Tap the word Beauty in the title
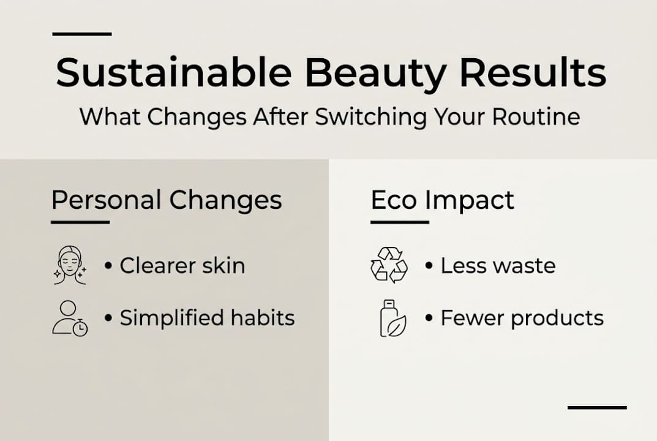pos(375,73)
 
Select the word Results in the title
pos(532,73)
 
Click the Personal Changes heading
pos(167,200)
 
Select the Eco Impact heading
pos(442,200)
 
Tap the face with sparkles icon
pos(69,265)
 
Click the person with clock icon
pos(69,318)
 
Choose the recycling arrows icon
pos(389,265)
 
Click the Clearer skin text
pos(182,266)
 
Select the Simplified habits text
pos(207,318)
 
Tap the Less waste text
pos(498,266)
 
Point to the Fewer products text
pos(522,318)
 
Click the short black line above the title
pos(82,34)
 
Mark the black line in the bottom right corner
pos(597,407)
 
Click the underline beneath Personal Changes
pos(80,222)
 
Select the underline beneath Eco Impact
pos(399,222)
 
